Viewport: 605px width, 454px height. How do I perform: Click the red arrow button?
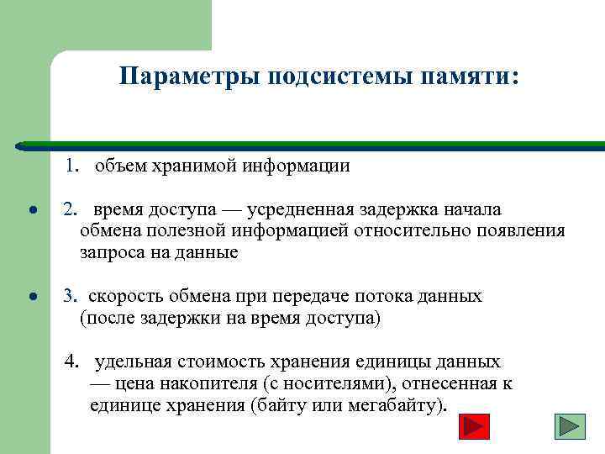tap(476, 425)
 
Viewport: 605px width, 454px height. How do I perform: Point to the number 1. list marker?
tap(72, 166)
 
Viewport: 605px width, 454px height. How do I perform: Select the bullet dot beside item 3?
tap(31, 298)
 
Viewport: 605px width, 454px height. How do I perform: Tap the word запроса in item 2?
tap(112, 252)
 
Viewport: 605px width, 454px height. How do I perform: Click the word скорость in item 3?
tap(124, 296)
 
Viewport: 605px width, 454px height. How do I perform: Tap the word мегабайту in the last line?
tap(394, 406)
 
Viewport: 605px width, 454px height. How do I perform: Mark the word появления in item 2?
tap(521, 230)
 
